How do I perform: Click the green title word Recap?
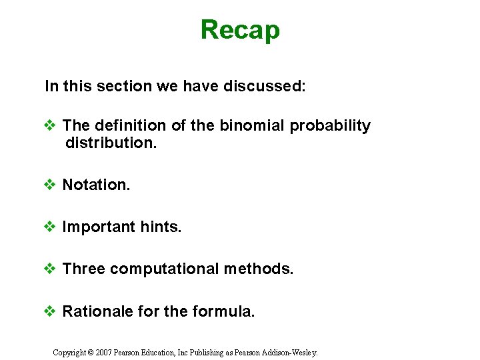tap(240, 30)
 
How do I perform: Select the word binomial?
tap(257, 125)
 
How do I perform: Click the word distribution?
tap(111, 143)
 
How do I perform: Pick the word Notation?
tap(96, 185)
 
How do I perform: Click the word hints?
tap(161, 227)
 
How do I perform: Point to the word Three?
tap(84, 269)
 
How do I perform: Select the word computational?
tap(165, 269)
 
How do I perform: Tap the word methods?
tap(259, 269)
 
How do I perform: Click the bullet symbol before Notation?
tap(50, 185)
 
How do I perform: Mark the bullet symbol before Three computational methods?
tap(50, 269)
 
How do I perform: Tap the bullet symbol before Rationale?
tap(50, 311)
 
